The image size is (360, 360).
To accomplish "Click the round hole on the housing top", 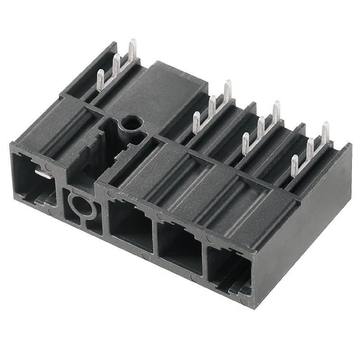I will click(131, 122).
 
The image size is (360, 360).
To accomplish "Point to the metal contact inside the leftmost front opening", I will click(42, 173).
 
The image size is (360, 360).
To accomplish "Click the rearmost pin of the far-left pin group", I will click(132, 49).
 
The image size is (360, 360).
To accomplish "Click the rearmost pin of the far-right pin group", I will click(325, 132).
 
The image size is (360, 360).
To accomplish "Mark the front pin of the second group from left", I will click(196, 122).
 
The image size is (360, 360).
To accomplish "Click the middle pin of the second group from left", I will click(212, 106).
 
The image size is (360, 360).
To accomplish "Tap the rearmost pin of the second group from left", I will click(228, 90).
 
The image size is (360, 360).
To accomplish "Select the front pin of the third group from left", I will click(245, 143).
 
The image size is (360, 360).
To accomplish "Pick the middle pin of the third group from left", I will click(261, 127).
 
